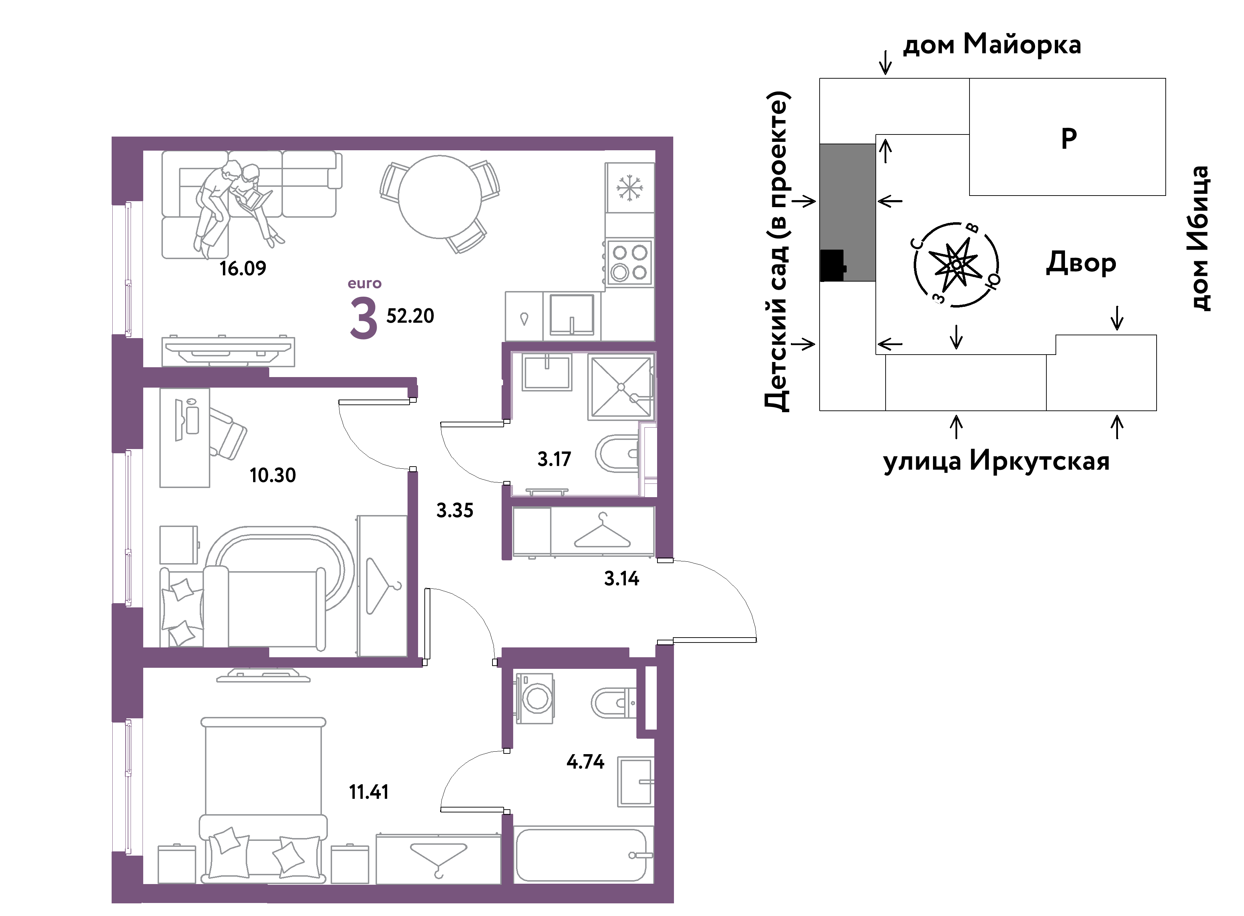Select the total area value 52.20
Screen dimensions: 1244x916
(410, 316)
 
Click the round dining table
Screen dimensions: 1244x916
(439, 197)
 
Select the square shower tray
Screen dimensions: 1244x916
(621, 387)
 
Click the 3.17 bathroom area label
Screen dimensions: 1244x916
(554, 459)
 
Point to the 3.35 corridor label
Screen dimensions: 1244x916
(455, 510)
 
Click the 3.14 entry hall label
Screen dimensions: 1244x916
(621, 579)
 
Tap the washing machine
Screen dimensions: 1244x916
(535, 699)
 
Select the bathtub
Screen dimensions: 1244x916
(581, 855)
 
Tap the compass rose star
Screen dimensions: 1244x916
(956, 264)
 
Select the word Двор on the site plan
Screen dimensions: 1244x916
(1081, 263)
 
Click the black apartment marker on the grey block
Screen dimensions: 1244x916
(833, 265)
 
